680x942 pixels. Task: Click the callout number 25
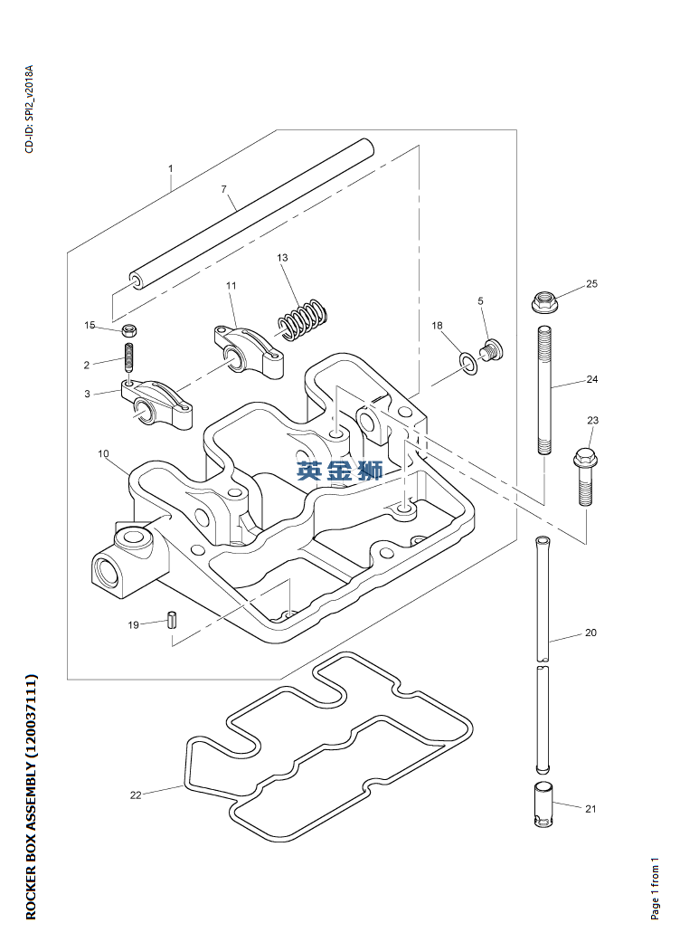pos(591,283)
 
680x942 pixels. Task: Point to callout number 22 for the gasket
pos(136,795)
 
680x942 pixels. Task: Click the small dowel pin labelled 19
pos(172,619)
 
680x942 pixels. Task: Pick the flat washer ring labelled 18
pos(468,363)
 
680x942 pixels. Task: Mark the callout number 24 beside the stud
pos(591,379)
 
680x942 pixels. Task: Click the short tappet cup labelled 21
pos(543,804)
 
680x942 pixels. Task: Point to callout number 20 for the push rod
pos(590,633)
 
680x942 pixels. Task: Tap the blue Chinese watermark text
pos(340,471)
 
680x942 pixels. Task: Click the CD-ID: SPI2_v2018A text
pos(30,109)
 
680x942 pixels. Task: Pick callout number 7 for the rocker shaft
pos(224,189)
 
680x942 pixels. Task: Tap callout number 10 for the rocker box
pos(103,453)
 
